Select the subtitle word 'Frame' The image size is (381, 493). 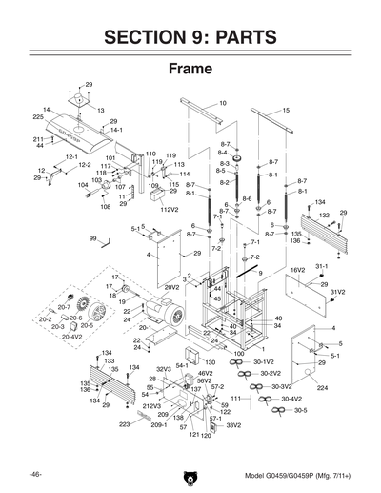[x=190, y=70]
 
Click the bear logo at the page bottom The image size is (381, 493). [x=190, y=474]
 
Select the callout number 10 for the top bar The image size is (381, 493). [x=222, y=102]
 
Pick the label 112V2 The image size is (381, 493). [x=170, y=209]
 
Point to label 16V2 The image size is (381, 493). [x=297, y=270]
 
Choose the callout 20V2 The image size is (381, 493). [x=172, y=286]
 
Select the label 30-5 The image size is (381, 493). [x=300, y=409]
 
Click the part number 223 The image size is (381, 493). [x=124, y=423]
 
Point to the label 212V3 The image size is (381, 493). [x=151, y=406]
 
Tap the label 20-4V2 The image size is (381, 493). [x=71, y=336]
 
